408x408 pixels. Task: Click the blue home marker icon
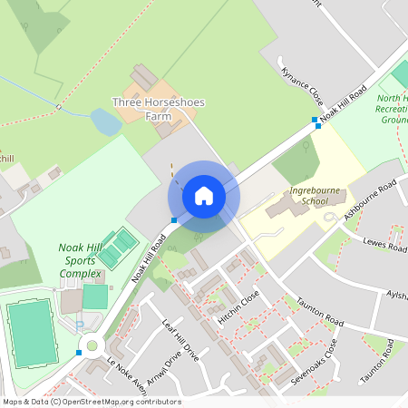(x=204, y=195)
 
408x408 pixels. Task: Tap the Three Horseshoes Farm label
(x=158, y=109)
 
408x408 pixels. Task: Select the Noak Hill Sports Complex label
(x=84, y=259)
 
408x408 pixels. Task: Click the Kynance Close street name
(x=302, y=84)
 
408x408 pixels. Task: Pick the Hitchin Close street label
(x=238, y=308)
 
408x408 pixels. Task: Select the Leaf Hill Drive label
(x=179, y=339)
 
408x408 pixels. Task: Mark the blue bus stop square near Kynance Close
(x=316, y=121)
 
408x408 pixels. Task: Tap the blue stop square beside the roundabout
(x=80, y=352)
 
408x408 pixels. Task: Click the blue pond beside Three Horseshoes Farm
(x=105, y=122)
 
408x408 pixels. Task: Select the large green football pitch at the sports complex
(x=32, y=333)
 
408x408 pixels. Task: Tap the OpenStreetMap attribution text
(x=91, y=402)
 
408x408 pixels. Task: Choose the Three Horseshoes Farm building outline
(x=143, y=77)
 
